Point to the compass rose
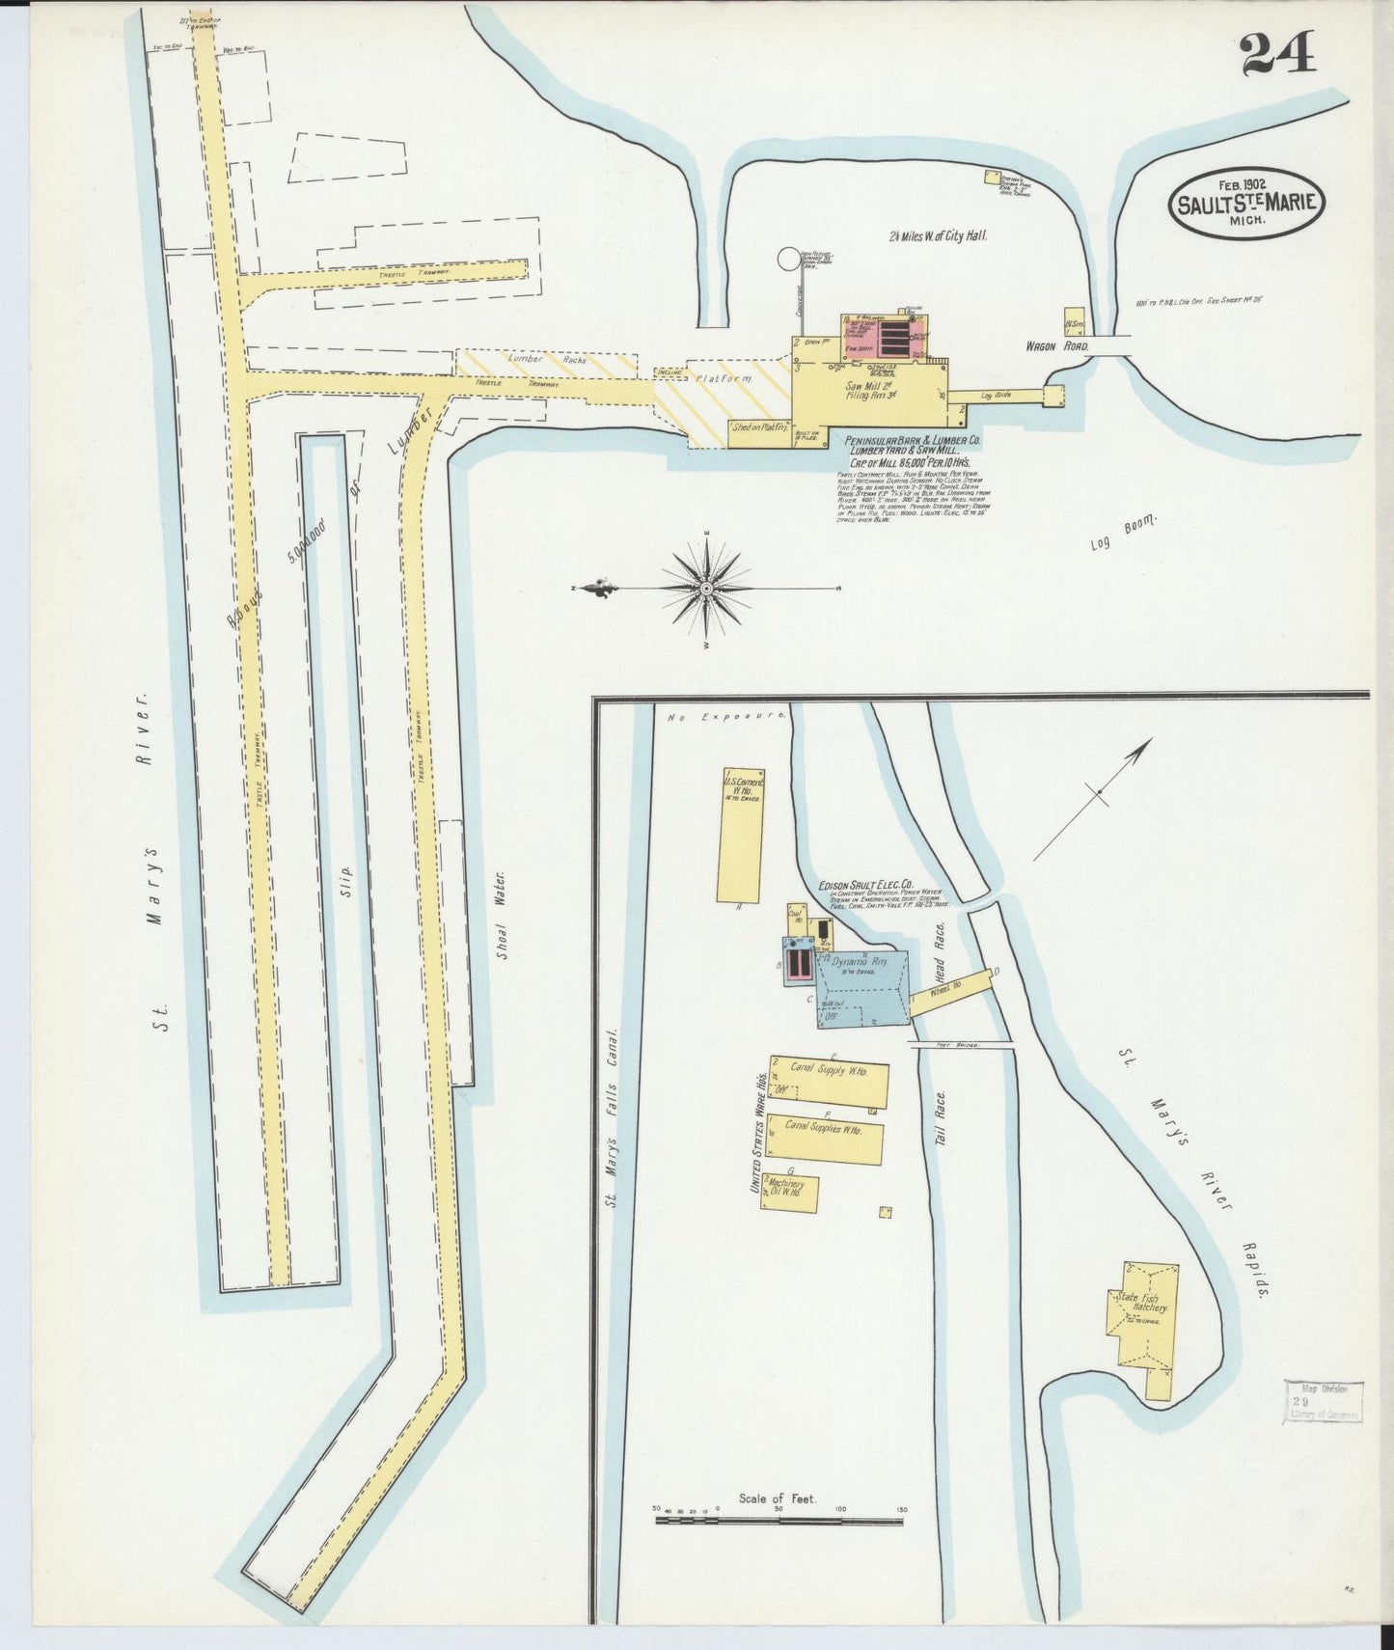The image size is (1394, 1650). [706, 588]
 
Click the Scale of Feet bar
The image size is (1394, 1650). [779, 1520]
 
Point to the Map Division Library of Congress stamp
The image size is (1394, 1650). [1323, 1400]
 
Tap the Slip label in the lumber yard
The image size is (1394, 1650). [346, 880]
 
